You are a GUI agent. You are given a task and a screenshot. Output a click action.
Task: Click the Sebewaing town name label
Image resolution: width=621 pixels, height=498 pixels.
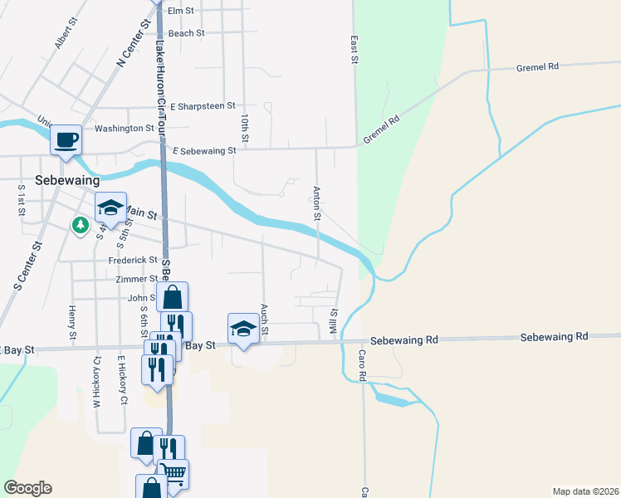tap(67, 179)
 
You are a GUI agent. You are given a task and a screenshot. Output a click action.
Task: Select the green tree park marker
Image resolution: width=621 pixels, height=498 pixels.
tap(81, 225)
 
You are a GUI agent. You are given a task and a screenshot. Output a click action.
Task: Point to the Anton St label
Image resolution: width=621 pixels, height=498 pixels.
tap(316, 203)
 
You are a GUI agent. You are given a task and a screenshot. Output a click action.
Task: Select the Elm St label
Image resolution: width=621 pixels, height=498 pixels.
tap(180, 11)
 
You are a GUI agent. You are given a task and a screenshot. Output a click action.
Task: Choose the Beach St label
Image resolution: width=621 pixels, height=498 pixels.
tap(186, 33)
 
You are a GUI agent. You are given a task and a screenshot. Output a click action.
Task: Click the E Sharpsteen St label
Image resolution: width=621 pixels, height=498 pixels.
tap(203, 106)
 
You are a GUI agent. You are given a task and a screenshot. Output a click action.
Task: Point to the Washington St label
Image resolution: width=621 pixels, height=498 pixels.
tap(125, 129)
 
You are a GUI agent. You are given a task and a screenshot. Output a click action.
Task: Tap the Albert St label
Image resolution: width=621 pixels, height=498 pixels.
tap(61, 37)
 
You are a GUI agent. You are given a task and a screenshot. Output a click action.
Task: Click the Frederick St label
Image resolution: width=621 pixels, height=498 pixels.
tap(133, 260)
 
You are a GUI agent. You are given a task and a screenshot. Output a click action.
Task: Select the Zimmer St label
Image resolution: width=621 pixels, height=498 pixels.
tap(137, 279)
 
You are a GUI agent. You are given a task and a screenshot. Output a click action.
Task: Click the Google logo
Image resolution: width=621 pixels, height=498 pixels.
tap(27, 488)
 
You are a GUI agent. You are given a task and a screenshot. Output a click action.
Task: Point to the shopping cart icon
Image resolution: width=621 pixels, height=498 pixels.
tap(174, 474)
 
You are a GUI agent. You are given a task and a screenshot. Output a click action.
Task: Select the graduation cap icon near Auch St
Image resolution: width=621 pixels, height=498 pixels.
tap(243, 329)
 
